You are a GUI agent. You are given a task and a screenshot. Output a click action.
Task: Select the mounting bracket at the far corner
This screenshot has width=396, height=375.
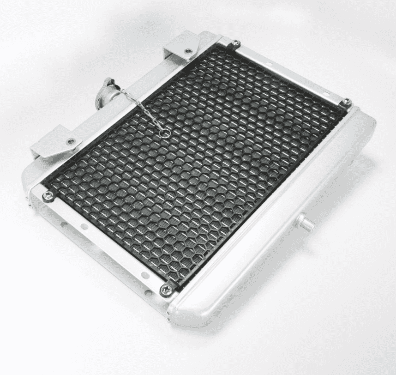click(183, 48)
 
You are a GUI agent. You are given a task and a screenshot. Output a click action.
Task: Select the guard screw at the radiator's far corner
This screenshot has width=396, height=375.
click(235, 44)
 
